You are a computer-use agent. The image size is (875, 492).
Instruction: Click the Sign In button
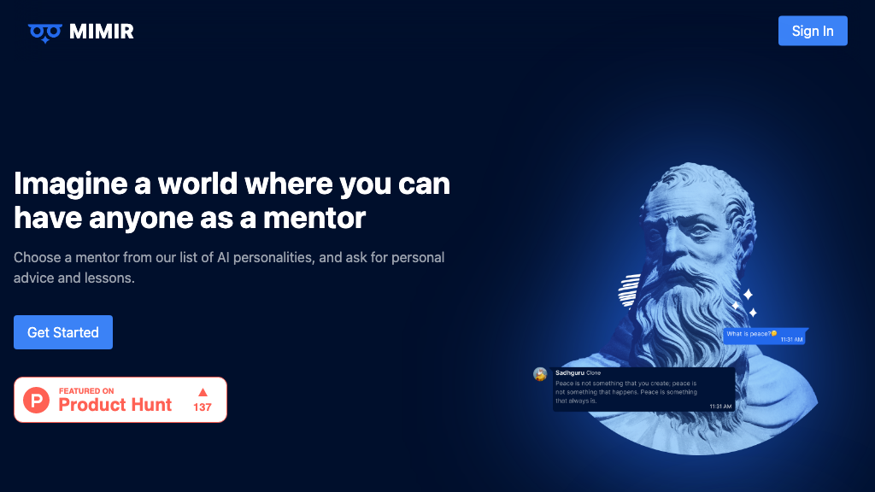(813, 31)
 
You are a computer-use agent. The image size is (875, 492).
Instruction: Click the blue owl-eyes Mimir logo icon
(45, 33)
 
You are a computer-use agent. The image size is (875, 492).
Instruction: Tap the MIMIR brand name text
(102, 32)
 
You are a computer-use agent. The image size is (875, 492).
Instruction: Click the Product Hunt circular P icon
(36, 400)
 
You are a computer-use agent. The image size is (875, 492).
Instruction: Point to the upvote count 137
(203, 407)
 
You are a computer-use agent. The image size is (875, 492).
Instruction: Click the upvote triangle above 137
(203, 392)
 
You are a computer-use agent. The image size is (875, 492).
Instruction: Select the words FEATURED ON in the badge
(86, 391)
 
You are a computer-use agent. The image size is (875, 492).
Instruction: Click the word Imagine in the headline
(71, 184)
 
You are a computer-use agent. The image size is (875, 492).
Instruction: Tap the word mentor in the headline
(314, 218)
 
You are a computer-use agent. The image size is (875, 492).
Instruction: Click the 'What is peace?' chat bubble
(765, 337)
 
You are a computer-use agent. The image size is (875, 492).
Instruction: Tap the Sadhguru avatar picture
(540, 374)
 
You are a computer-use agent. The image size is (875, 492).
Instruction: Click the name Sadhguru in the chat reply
(570, 372)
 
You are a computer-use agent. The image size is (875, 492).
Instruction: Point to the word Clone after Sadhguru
(594, 372)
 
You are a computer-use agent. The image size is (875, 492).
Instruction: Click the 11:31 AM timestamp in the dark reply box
(720, 406)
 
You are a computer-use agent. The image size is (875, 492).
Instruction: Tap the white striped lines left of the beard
(630, 290)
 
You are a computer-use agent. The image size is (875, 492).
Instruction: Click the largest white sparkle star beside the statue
(748, 294)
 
